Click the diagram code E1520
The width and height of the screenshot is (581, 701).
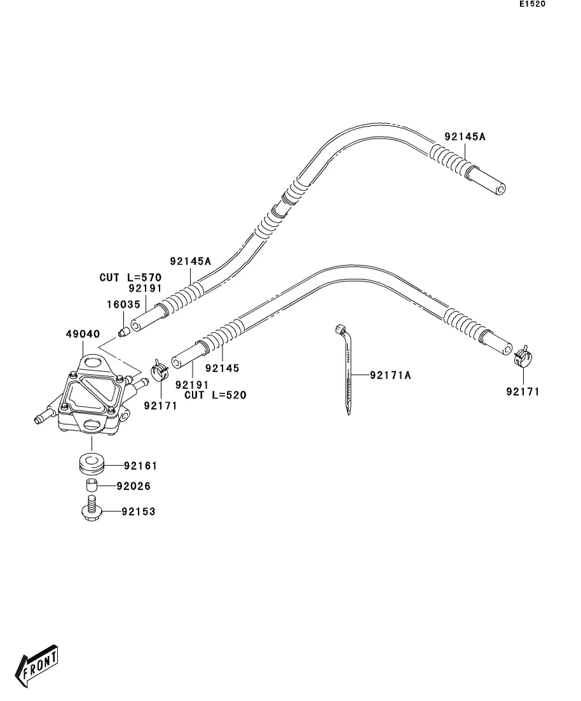click(x=532, y=4)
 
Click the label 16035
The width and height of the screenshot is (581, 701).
click(x=123, y=304)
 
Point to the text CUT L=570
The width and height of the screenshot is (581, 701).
click(x=130, y=278)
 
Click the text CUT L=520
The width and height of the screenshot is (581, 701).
click(x=215, y=395)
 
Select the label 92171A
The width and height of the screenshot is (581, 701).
click(x=390, y=376)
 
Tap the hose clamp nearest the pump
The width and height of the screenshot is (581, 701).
click(x=159, y=369)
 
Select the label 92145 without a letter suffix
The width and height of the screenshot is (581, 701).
click(x=222, y=368)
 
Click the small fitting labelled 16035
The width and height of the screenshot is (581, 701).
click(x=124, y=331)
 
